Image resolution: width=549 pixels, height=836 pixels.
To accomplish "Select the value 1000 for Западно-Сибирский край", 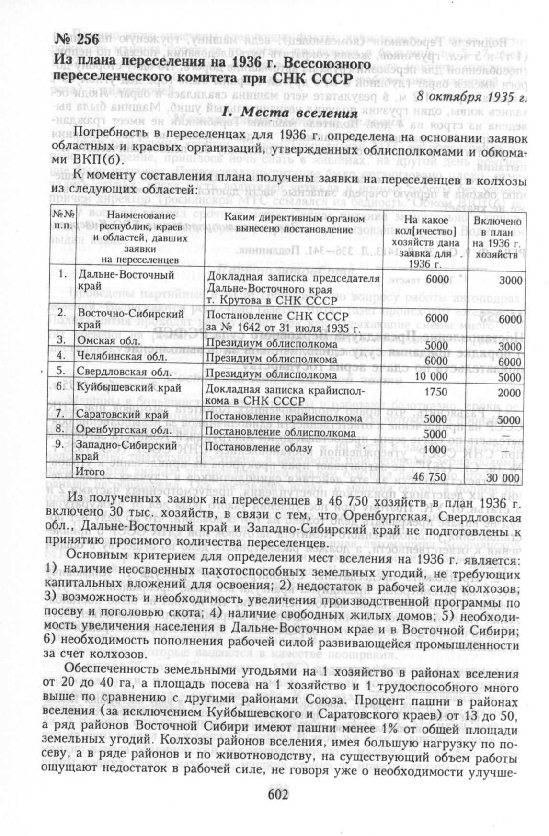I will pos(435,449).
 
